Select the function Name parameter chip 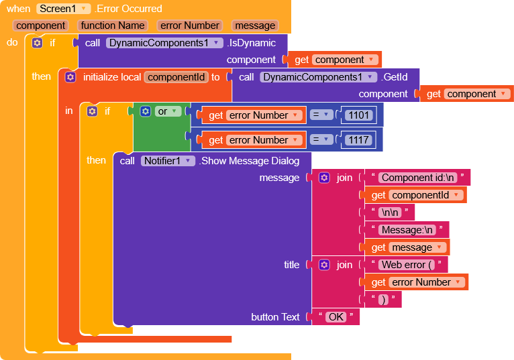point(113,25)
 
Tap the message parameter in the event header point(255,25)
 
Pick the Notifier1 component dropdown point(168,161)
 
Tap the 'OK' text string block point(336,317)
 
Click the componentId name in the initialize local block point(176,77)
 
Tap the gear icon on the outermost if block point(37,42)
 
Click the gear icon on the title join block point(324,265)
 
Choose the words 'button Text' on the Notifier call point(275,317)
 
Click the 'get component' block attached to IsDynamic point(333,60)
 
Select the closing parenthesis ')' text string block point(383,300)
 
